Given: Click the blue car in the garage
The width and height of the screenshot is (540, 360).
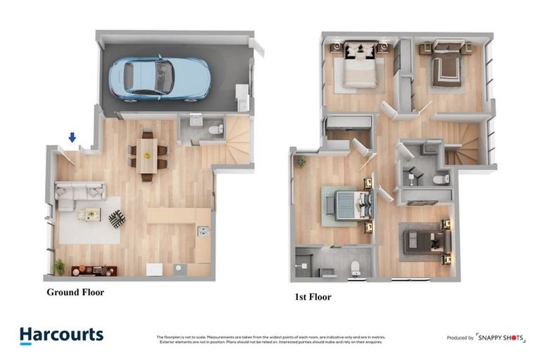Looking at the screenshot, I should [x=159, y=77].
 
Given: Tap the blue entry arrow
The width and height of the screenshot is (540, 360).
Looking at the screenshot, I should [x=72, y=138].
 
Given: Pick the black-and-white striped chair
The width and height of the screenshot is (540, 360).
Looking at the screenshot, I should [x=117, y=219].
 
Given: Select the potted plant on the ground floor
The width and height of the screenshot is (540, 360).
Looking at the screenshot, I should [x=59, y=266].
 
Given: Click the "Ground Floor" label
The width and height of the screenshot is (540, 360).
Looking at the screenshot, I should [x=75, y=292].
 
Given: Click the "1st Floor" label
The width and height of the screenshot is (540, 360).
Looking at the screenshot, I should [x=313, y=297].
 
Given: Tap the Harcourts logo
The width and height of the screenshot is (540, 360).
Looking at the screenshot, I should [x=61, y=336].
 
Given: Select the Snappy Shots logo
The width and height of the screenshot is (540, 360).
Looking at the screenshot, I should [x=500, y=337].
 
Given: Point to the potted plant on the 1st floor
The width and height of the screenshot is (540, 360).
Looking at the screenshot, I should [x=300, y=162].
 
